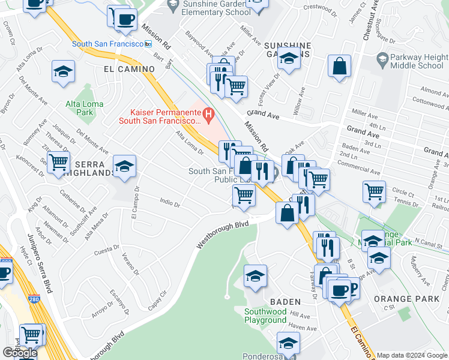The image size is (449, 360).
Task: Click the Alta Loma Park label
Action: [85, 108]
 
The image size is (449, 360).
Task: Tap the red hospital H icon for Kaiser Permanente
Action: [208, 112]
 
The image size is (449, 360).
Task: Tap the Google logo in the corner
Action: [19, 353]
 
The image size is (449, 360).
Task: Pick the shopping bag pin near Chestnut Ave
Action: [339, 66]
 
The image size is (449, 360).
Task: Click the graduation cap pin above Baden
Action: [255, 277]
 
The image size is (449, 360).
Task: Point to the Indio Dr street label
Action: [170, 204]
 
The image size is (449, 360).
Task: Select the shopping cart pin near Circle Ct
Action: [374, 192]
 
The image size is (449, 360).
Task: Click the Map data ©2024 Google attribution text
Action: [412, 355]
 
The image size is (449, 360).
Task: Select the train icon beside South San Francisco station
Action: [148, 44]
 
